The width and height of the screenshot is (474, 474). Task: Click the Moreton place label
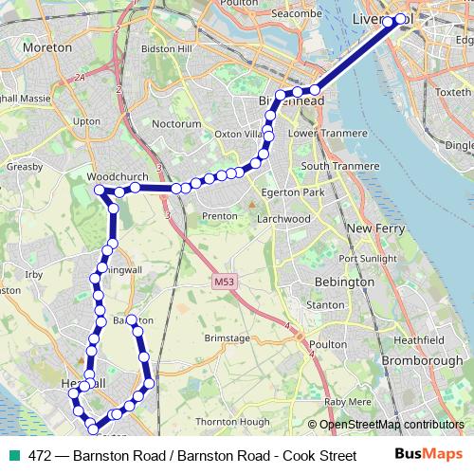pyautogui.click(x=46, y=46)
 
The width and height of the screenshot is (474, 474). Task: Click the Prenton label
pyautogui.click(x=219, y=216)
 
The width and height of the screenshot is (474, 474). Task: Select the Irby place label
pyautogui.click(x=35, y=275)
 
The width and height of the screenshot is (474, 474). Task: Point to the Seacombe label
pyautogui.click(x=270, y=13)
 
